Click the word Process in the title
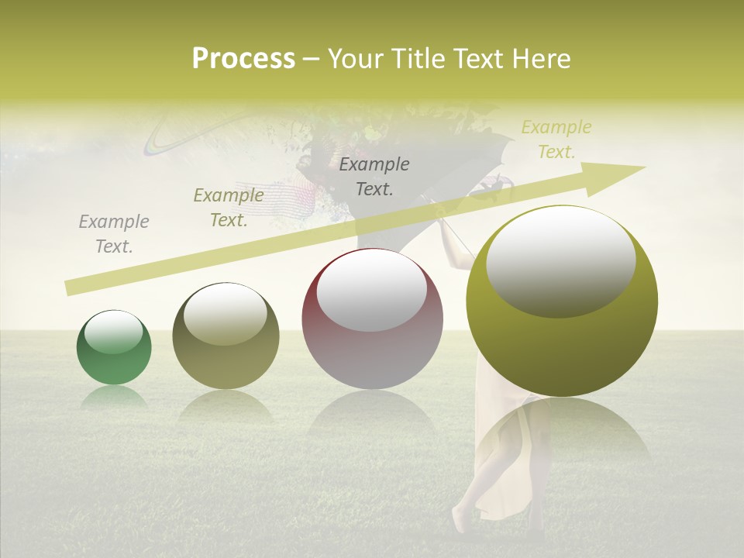click(x=243, y=59)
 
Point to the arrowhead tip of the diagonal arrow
click(x=644, y=167)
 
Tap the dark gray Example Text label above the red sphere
click(x=374, y=176)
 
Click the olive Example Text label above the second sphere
click(x=228, y=207)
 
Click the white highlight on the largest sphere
click(x=560, y=263)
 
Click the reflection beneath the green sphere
click(x=114, y=398)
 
